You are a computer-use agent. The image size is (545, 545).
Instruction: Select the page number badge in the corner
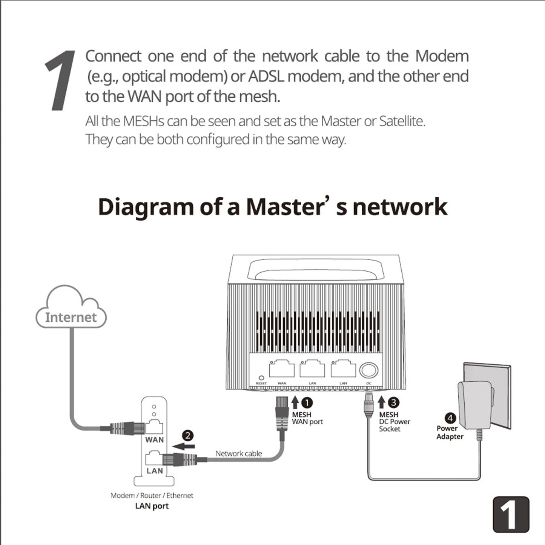point(511,515)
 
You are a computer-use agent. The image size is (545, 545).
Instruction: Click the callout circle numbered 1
point(307,403)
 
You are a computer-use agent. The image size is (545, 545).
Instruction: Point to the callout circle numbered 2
point(187,436)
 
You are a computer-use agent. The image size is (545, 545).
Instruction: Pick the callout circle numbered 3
point(394,402)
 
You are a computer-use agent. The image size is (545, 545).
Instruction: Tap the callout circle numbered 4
point(450,418)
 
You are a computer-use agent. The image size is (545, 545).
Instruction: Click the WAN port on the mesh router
point(282,369)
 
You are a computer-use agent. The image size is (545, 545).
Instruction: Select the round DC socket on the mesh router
point(368,370)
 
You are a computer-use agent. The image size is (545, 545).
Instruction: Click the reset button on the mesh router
point(261,377)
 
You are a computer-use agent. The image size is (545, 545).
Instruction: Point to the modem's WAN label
point(155,440)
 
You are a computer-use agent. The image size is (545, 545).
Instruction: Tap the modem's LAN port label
point(155,471)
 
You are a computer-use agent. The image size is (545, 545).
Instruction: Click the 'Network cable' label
point(238,453)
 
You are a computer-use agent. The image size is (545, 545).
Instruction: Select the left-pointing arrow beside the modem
point(184,447)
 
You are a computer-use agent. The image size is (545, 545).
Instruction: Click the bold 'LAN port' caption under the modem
point(152,506)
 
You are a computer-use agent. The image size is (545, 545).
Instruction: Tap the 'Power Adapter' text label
point(450,432)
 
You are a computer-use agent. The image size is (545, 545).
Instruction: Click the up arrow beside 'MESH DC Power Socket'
point(382,402)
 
